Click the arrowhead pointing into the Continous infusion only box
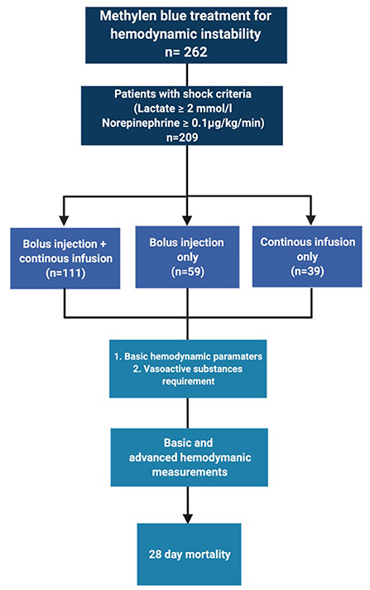coord(310,220)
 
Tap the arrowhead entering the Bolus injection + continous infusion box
coord(65,220)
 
